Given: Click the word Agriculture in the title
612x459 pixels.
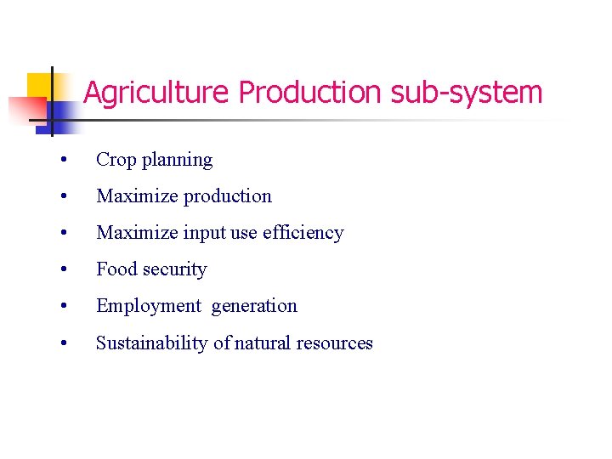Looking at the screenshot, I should click(157, 93).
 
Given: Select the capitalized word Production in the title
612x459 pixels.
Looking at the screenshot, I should click(310, 93).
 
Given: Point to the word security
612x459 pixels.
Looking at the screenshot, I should click(175, 270).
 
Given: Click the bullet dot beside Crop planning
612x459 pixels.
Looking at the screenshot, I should click(64, 161).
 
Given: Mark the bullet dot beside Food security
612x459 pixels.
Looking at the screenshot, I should click(64, 270).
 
